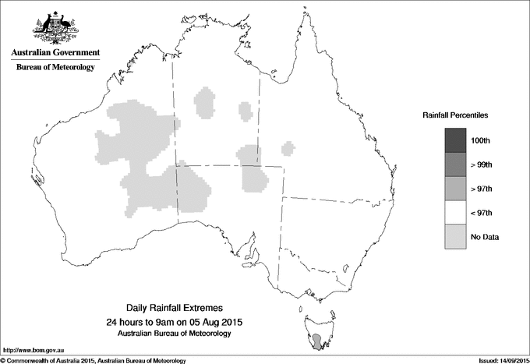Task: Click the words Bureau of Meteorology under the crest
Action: [x=55, y=68]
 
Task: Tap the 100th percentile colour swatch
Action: [x=456, y=140]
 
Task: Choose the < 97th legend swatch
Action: [x=456, y=212]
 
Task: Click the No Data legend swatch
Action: [x=456, y=236]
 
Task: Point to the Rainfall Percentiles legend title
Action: [x=455, y=115]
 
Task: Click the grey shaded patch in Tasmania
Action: [x=317, y=341]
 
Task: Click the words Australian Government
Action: [x=55, y=53]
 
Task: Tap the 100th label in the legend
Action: [x=483, y=140]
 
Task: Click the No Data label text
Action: [x=485, y=237]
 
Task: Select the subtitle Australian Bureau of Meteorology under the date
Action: [x=175, y=334]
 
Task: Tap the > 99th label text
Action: [x=483, y=164]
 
